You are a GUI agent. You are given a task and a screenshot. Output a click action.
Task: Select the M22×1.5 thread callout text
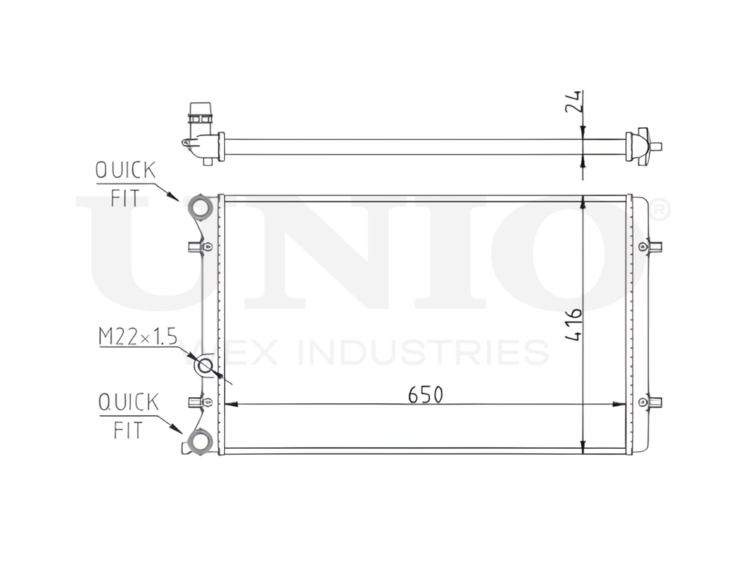(137, 339)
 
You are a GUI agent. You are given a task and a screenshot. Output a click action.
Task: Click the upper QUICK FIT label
(125, 182)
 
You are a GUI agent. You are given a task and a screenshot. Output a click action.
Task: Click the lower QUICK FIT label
(128, 415)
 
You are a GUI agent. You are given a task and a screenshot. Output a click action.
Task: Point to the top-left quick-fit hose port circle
(199, 206)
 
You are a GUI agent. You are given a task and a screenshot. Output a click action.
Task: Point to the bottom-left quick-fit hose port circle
(199, 441)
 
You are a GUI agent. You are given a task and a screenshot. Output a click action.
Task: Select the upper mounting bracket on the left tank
(201, 246)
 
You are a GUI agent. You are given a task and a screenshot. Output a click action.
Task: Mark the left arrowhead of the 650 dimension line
(229, 405)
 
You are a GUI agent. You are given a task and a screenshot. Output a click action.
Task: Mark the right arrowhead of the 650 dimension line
(622, 405)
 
